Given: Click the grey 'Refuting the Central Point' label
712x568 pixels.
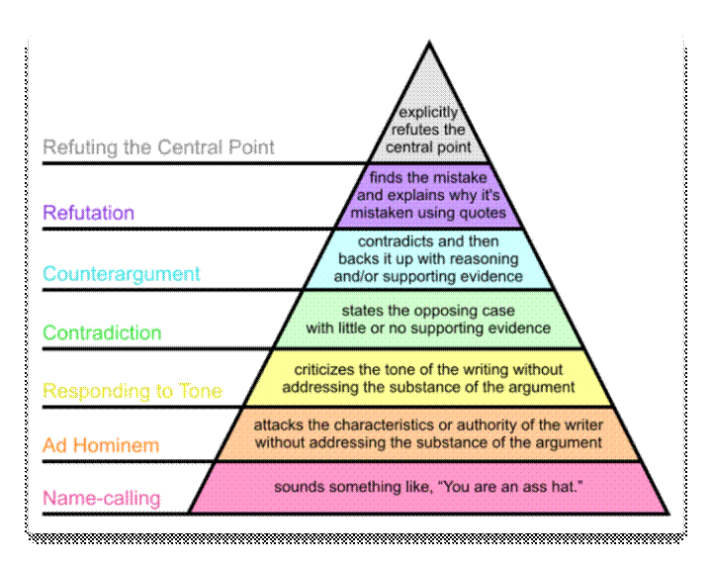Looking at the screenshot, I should tap(158, 148).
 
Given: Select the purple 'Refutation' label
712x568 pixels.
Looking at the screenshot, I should tap(88, 213).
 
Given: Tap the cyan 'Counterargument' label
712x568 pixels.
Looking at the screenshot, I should tap(122, 274).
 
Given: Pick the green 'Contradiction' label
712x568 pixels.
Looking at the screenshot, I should tap(102, 333).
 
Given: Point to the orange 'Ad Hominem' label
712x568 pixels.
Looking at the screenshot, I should tap(101, 446).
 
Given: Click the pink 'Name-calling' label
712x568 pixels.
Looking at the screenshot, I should tap(102, 499).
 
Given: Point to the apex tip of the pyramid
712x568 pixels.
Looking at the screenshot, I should tap(428, 44).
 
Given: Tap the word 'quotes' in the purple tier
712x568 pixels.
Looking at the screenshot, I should tap(483, 212).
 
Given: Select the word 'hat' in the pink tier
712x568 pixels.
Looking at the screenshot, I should tap(557, 487).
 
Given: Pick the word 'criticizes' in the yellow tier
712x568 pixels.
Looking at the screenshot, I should tap(327, 370).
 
